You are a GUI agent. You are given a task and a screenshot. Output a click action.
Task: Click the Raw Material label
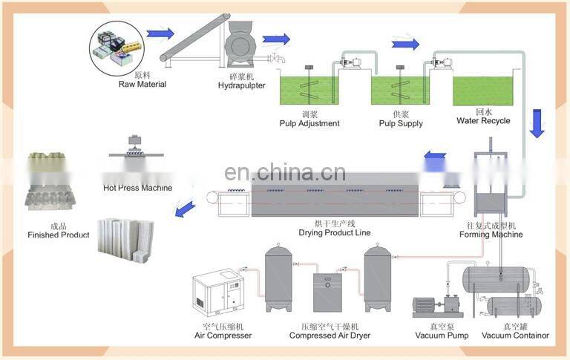pos(142,85)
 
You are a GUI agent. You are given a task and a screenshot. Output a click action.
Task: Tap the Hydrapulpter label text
pos(242,85)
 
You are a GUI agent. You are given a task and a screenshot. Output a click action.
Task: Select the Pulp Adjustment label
pos(309,123)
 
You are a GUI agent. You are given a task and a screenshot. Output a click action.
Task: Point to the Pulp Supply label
pos(402,123)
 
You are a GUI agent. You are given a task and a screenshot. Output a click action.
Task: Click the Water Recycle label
pos(483,120)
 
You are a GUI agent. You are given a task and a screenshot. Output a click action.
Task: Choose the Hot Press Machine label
pos(137,188)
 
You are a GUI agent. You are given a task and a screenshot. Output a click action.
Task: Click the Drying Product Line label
pos(334,233)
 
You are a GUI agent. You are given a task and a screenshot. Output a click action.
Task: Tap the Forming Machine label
pos(491,235)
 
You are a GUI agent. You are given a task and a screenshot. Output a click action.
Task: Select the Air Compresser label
pos(223,336)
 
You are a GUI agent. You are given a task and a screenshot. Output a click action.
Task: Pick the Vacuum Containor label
pos(515,336)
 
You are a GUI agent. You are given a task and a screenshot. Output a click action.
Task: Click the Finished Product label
pos(59,235)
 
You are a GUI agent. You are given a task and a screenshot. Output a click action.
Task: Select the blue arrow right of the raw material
pos(160,34)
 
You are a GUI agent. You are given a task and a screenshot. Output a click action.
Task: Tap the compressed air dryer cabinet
pos(327,292)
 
